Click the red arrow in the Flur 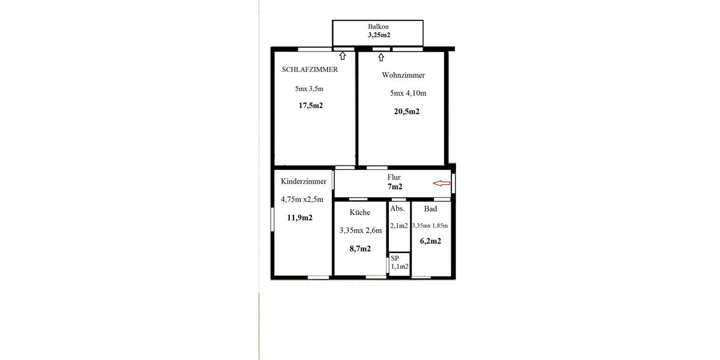[x=442, y=184]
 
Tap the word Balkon [x=379, y=27]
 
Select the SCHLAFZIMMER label [x=310, y=70]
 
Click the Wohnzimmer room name [x=403, y=76]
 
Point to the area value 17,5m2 [x=311, y=106]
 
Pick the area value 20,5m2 [x=406, y=111]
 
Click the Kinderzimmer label [x=304, y=181]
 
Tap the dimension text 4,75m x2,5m [x=302, y=200]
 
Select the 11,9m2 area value [x=299, y=218]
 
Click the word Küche [x=360, y=212]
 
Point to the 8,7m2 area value [x=360, y=248]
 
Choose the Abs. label [x=397, y=209]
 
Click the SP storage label [x=395, y=258]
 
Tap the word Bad [x=430, y=209]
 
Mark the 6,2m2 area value [x=431, y=241]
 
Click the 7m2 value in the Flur [x=395, y=187]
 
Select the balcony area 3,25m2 [x=379, y=35]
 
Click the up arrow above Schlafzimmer [x=343, y=56]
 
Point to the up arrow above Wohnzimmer [x=381, y=58]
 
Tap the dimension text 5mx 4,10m [x=408, y=93]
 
